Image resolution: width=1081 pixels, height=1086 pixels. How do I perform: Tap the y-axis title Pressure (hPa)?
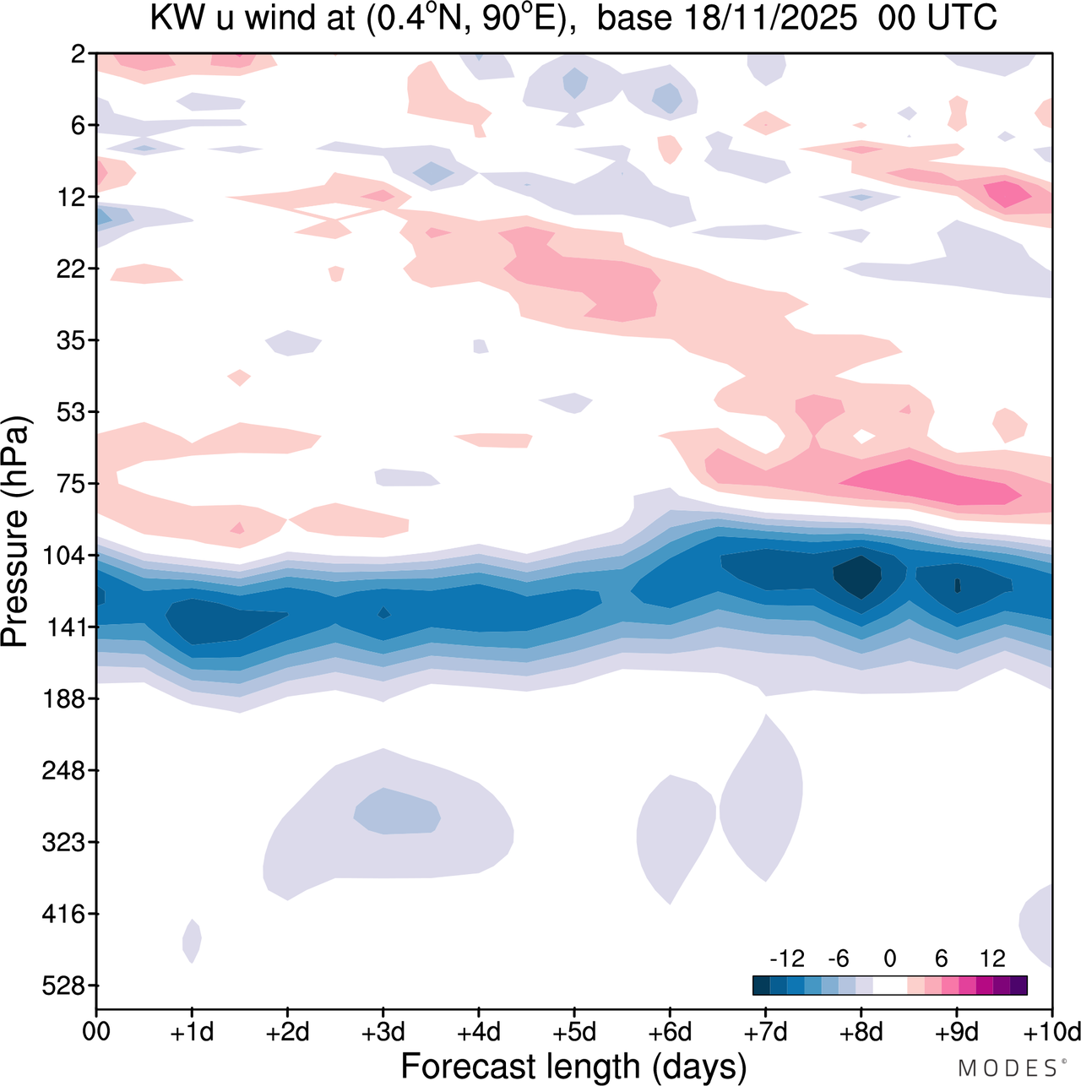[x=16, y=532]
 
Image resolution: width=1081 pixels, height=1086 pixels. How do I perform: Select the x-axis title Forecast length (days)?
[x=573, y=1066]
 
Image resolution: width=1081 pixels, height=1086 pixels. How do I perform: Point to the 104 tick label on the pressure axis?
[x=68, y=556]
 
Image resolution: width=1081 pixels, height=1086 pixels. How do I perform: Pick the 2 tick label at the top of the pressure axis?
[x=79, y=54]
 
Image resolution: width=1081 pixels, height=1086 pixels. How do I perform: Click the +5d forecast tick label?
[x=573, y=1032]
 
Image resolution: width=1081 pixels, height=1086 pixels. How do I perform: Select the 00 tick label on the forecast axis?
[x=97, y=1032]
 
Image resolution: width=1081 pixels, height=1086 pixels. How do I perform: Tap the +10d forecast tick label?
[x=1052, y=1032]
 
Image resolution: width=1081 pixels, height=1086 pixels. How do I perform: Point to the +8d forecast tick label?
[x=861, y=1032]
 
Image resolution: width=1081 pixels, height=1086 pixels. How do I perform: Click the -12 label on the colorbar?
[x=786, y=958]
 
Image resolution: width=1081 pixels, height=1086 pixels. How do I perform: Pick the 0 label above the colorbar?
[x=889, y=958]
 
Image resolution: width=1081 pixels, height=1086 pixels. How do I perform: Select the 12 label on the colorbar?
[x=992, y=958]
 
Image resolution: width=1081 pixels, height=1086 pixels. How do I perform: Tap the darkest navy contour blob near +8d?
[x=858, y=576]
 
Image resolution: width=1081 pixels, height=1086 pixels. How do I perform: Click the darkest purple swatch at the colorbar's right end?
[x=1019, y=986]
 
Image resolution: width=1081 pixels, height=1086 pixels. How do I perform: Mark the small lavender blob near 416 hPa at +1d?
[x=193, y=940]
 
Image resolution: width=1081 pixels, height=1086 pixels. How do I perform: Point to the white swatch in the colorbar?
[x=889, y=986]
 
